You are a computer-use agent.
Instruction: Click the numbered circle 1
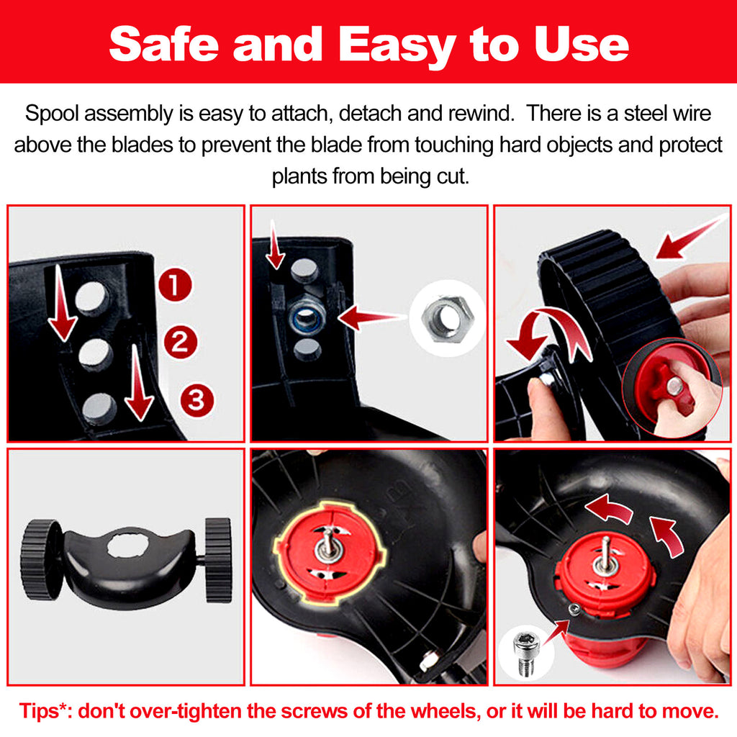click(x=175, y=285)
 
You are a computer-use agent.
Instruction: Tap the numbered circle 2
click(x=181, y=342)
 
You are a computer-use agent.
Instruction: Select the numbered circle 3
click(x=197, y=400)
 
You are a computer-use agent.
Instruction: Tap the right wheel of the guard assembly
click(x=219, y=560)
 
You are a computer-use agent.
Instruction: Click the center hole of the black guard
click(x=128, y=546)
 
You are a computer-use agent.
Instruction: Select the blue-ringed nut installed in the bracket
click(x=307, y=317)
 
